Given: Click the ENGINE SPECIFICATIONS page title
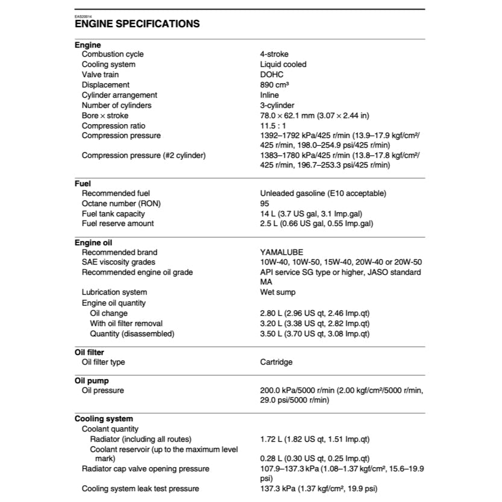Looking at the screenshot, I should [137, 24].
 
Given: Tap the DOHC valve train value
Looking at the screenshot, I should [271, 75].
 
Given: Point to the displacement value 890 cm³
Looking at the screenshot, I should [275, 85].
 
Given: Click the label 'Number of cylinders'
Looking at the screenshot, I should [116, 105].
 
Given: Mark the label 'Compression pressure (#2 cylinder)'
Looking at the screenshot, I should [143, 155].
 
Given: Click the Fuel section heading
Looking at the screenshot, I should [83, 183].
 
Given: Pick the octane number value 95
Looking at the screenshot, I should [265, 203].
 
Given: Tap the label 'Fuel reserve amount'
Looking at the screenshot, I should [118, 224].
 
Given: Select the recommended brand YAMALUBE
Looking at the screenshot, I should [281, 253].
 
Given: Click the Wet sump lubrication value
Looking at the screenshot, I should [277, 292].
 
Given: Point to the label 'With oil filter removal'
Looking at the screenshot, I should [126, 324].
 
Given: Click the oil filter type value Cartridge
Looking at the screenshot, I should [276, 362].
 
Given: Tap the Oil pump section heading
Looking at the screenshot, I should [89, 381].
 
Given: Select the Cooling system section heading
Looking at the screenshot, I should [104, 419].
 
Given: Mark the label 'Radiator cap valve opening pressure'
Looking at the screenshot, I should [145, 469].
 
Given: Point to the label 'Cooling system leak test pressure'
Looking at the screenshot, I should [140, 489].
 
